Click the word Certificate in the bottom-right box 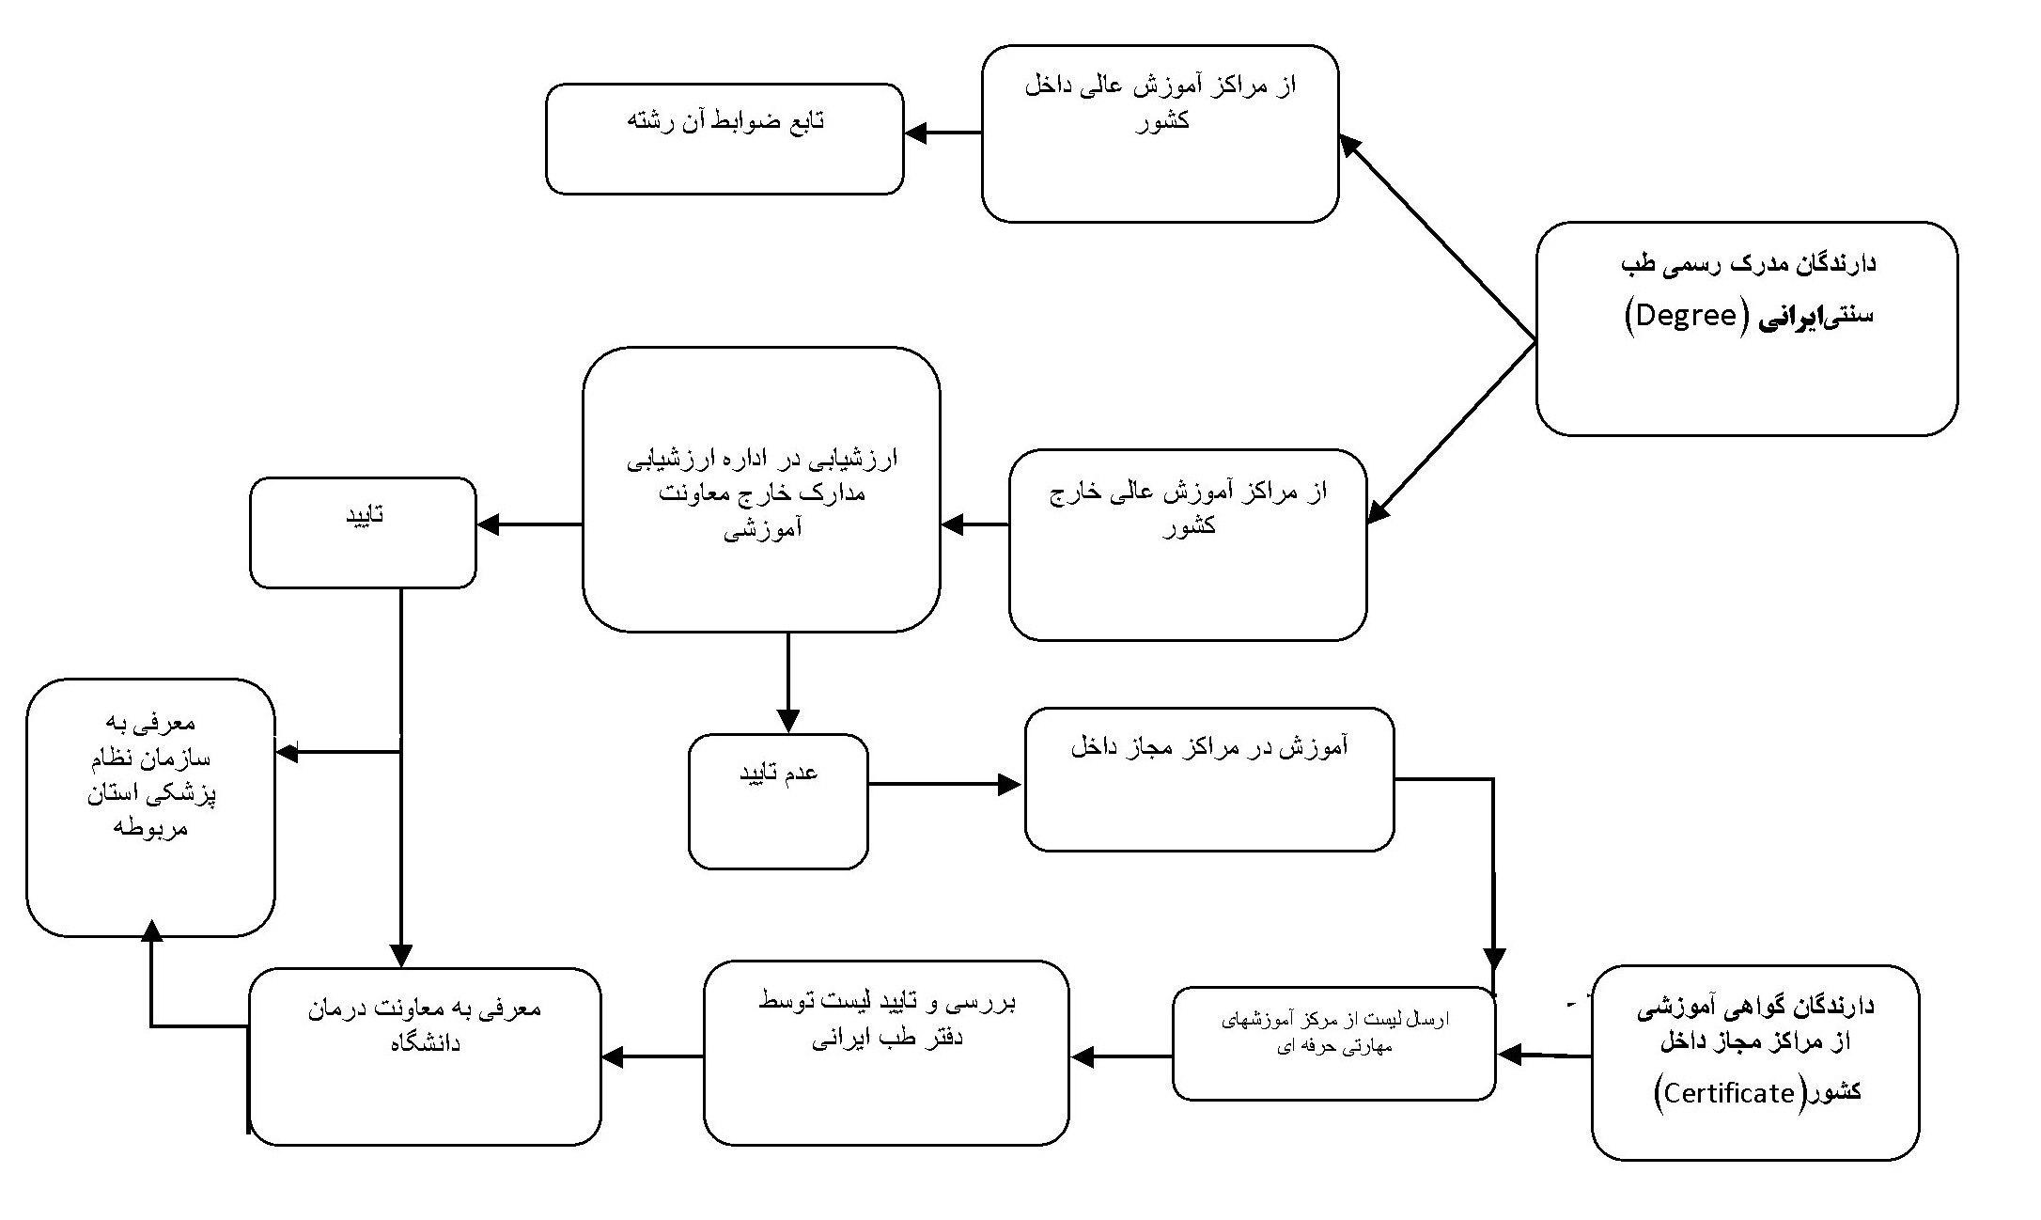(x=1729, y=1093)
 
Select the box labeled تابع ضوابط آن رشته (x=724, y=139)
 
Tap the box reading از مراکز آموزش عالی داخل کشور (x=1161, y=133)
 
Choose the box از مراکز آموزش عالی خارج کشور (x=1188, y=545)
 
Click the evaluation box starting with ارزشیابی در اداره (x=761, y=490)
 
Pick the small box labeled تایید (x=364, y=533)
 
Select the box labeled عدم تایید (x=778, y=802)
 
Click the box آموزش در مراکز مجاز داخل (x=1209, y=779)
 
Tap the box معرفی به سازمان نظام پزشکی (x=150, y=807)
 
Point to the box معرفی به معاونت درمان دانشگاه (x=425, y=1056)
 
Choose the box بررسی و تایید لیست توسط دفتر (x=886, y=1053)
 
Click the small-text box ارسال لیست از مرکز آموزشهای (x=1334, y=1043)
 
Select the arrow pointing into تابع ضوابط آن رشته (x=943, y=133)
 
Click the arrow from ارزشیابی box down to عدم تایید (x=787, y=682)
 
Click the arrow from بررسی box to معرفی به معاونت (x=652, y=1056)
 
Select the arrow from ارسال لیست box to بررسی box (x=1121, y=1056)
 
